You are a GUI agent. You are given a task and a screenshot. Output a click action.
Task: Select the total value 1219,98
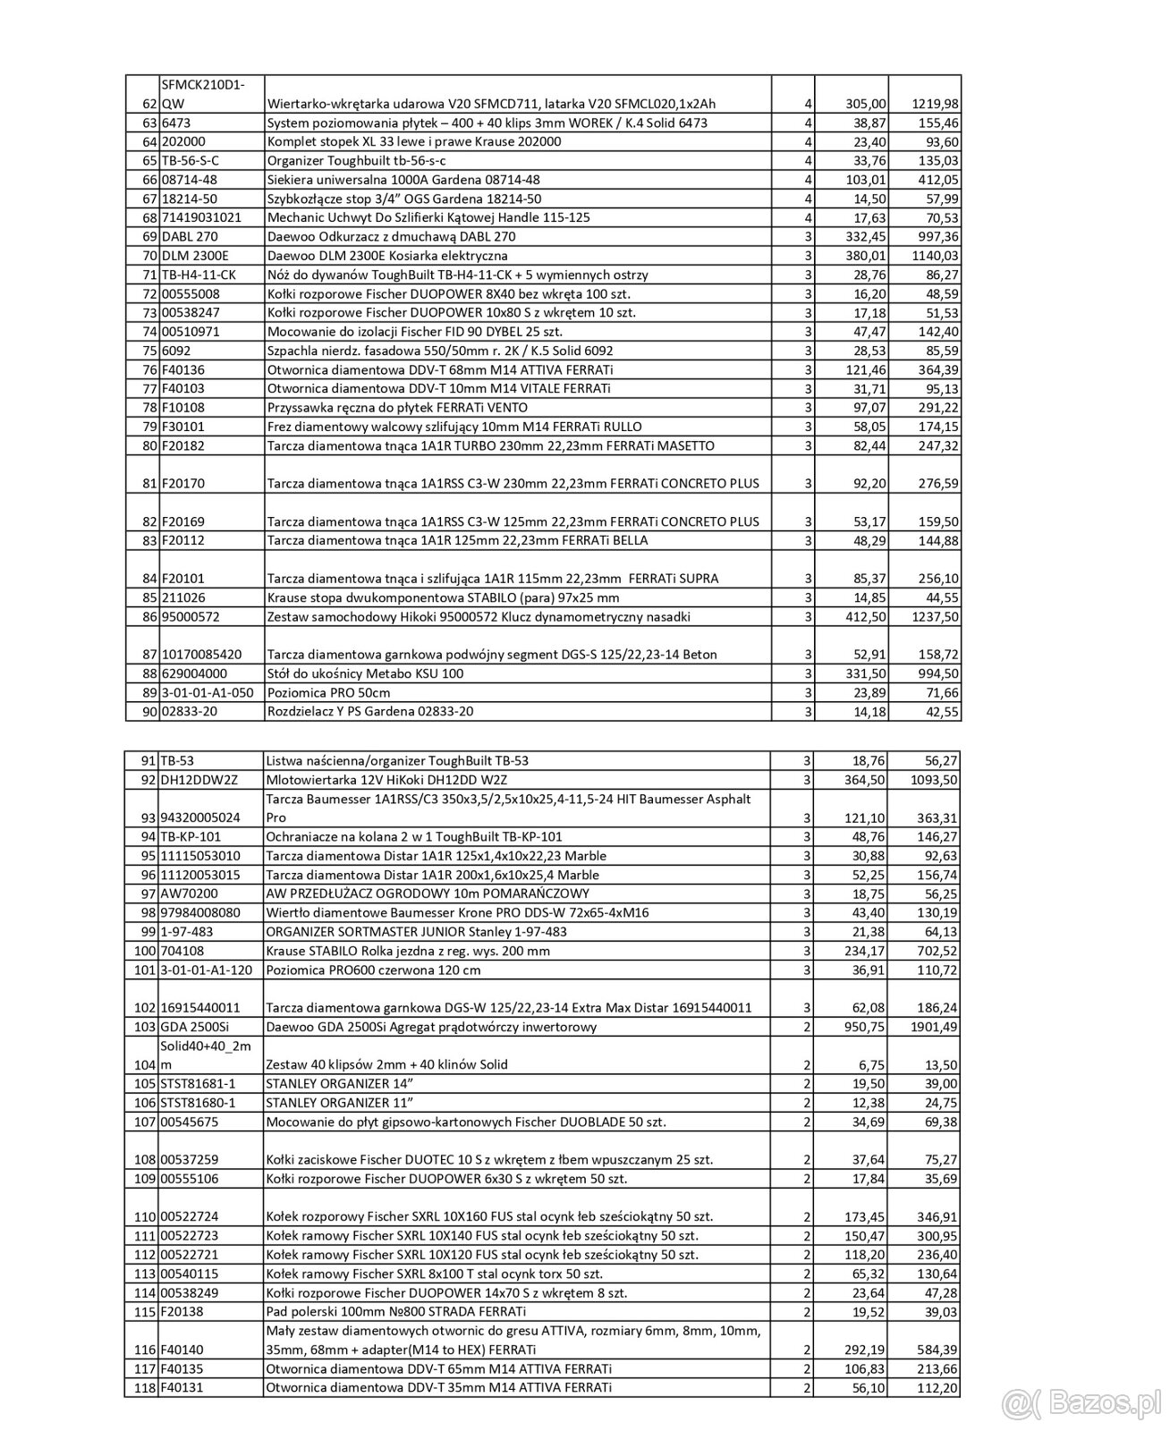[x=935, y=104]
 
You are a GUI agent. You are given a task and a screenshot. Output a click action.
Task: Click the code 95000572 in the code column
[x=192, y=616]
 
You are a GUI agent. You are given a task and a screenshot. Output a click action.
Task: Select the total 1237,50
[x=935, y=616]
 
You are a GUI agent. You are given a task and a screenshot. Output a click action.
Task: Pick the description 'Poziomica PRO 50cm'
[x=328, y=692]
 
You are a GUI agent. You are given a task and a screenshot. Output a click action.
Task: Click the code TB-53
[x=177, y=760]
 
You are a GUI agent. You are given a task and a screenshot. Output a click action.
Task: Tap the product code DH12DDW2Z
[x=199, y=779]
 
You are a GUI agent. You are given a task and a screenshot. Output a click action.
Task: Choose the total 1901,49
[x=935, y=1027]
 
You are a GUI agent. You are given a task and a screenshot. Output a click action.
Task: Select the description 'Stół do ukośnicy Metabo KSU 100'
[x=365, y=673]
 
